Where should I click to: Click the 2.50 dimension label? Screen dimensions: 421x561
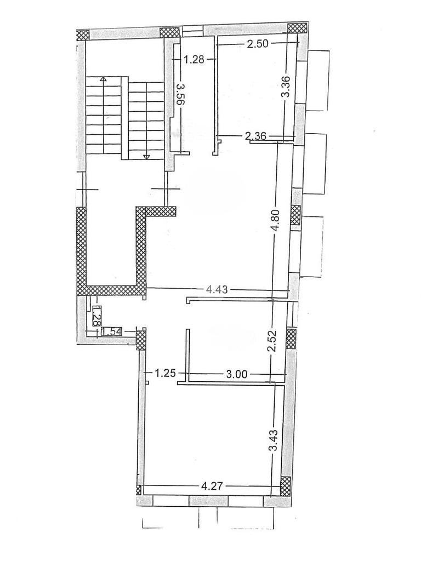tap(258, 44)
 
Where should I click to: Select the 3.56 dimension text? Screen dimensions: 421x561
tap(181, 94)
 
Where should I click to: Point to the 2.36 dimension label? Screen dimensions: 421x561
tap(255, 136)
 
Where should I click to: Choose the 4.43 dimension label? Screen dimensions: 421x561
tap(217, 289)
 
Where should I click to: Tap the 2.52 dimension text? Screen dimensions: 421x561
tap(274, 342)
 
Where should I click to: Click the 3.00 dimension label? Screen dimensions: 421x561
tap(237, 375)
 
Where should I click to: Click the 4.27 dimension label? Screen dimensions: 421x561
tap(213, 486)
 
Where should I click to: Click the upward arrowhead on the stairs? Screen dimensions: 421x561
tap(103, 79)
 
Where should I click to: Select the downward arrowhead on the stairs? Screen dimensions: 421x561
tap(146, 157)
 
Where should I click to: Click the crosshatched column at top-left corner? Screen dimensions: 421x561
tap(83, 35)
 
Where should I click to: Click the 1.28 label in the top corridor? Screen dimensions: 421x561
tap(194, 59)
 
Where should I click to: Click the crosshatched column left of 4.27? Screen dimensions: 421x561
tap(139, 489)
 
